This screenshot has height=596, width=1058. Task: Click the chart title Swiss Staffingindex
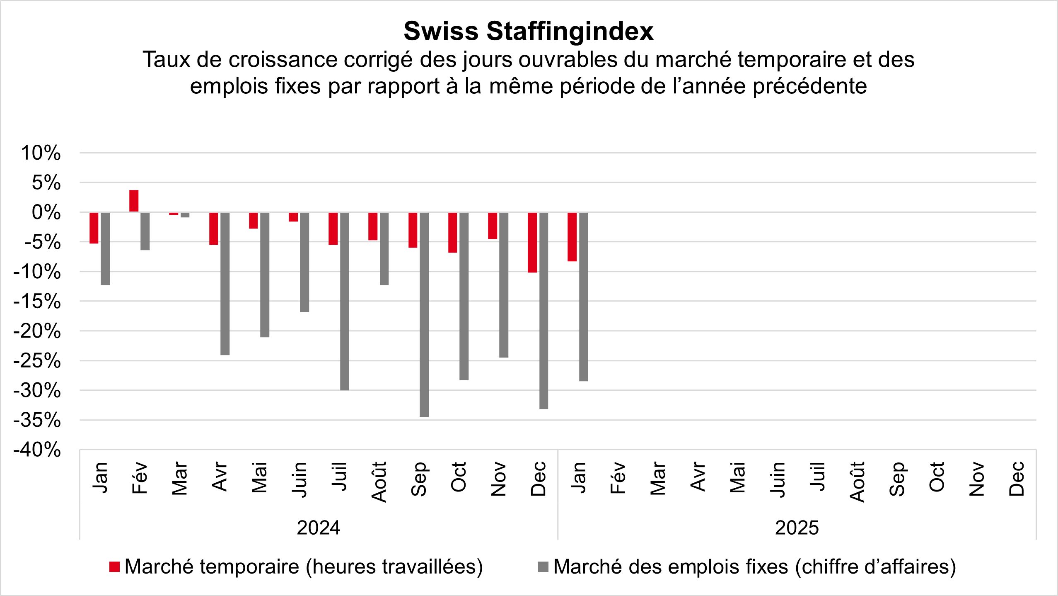click(x=529, y=31)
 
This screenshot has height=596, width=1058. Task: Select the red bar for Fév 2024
click(x=134, y=201)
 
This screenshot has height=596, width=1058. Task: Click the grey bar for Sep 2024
click(x=424, y=314)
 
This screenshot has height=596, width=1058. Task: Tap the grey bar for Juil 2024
click(x=344, y=301)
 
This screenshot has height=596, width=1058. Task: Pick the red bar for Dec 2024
click(x=532, y=242)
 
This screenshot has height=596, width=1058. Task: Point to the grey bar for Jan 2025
click(x=583, y=297)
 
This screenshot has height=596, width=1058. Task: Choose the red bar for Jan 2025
click(x=572, y=237)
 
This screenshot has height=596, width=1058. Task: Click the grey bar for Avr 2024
click(x=225, y=284)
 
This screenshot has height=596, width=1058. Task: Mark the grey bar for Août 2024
click(x=384, y=248)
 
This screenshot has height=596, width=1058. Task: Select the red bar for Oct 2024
click(x=453, y=232)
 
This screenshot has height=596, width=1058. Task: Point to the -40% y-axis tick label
click(x=37, y=450)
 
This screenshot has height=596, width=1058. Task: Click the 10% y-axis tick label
click(x=41, y=153)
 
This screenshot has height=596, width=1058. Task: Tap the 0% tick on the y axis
click(x=46, y=212)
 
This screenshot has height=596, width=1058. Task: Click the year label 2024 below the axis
click(x=319, y=528)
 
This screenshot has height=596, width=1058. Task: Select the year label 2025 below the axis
click(x=797, y=528)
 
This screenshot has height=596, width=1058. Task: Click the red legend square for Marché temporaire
click(x=114, y=567)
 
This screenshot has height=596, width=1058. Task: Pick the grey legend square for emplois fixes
click(x=543, y=567)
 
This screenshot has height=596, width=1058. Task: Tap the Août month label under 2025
click(x=857, y=482)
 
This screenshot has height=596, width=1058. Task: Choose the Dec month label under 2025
click(x=1017, y=479)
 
